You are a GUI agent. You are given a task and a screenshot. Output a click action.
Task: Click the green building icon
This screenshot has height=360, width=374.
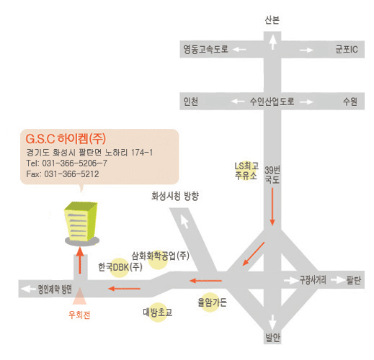tap(81, 223)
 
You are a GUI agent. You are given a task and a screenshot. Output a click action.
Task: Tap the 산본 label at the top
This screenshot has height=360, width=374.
tap(272, 20)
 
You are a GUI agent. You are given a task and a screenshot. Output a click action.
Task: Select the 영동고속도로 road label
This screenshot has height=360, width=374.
tap(205, 49)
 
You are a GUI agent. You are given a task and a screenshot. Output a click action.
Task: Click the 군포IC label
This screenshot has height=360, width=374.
tap(347, 49)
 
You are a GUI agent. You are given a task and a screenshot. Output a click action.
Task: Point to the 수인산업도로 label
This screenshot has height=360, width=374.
tap(272, 102)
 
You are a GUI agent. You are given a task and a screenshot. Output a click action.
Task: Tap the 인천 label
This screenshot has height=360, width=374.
tap(191, 102)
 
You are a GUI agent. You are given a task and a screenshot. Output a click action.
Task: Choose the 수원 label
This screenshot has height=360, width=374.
tap(350, 102)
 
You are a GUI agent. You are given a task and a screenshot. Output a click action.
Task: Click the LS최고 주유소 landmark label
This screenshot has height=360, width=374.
tap(246, 171)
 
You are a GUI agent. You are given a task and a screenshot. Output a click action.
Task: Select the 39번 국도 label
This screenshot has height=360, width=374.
tap(272, 175)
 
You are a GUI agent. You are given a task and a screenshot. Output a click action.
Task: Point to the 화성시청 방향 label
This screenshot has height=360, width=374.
tap(175, 196)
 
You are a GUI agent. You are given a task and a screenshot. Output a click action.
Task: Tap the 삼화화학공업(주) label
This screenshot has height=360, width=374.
tap(160, 256)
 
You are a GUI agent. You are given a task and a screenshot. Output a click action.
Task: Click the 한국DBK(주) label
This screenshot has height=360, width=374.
tap(120, 267)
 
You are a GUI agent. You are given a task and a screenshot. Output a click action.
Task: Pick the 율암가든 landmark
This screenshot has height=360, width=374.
tap(212, 302)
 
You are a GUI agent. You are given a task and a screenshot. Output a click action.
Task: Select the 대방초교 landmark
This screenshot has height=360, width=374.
tap(158, 312)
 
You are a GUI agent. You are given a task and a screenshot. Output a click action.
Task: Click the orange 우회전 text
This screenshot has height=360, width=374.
tap(79, 315)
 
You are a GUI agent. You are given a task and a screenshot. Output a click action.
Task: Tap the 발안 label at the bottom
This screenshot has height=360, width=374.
tap(272, 337)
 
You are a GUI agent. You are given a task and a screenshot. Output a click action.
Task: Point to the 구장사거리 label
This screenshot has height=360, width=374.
tap(313, 280)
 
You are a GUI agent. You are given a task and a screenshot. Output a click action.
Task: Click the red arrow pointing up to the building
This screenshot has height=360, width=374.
tap(80, 261)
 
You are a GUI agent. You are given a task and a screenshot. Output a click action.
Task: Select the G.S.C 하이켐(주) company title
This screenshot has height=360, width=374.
tap(66, 139)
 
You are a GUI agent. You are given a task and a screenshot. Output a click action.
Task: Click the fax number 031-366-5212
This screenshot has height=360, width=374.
tap(71, 174)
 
